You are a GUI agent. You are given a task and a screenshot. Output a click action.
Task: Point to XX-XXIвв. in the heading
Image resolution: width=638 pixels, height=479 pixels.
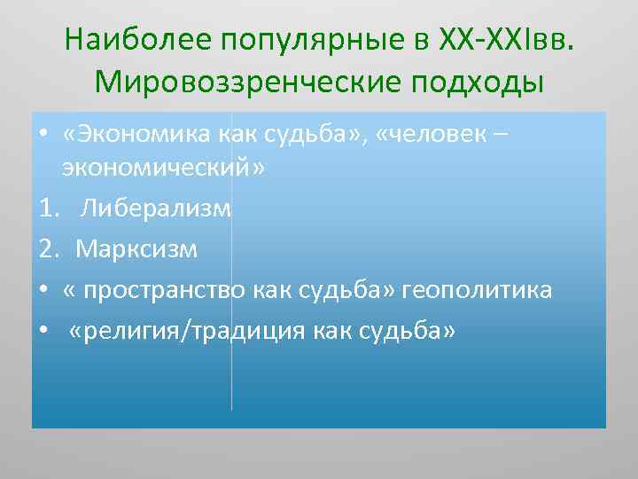pos(505,40)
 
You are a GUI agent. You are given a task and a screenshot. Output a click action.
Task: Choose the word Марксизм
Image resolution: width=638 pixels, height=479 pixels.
pos(137,249)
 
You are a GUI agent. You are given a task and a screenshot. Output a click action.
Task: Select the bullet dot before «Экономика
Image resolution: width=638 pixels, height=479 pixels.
pos(43,136)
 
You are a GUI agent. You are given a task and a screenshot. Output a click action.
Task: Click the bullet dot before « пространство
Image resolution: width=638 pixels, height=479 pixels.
pos(43,289)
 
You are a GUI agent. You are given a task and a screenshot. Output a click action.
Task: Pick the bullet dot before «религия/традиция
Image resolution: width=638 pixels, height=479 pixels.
pos(43,330)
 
